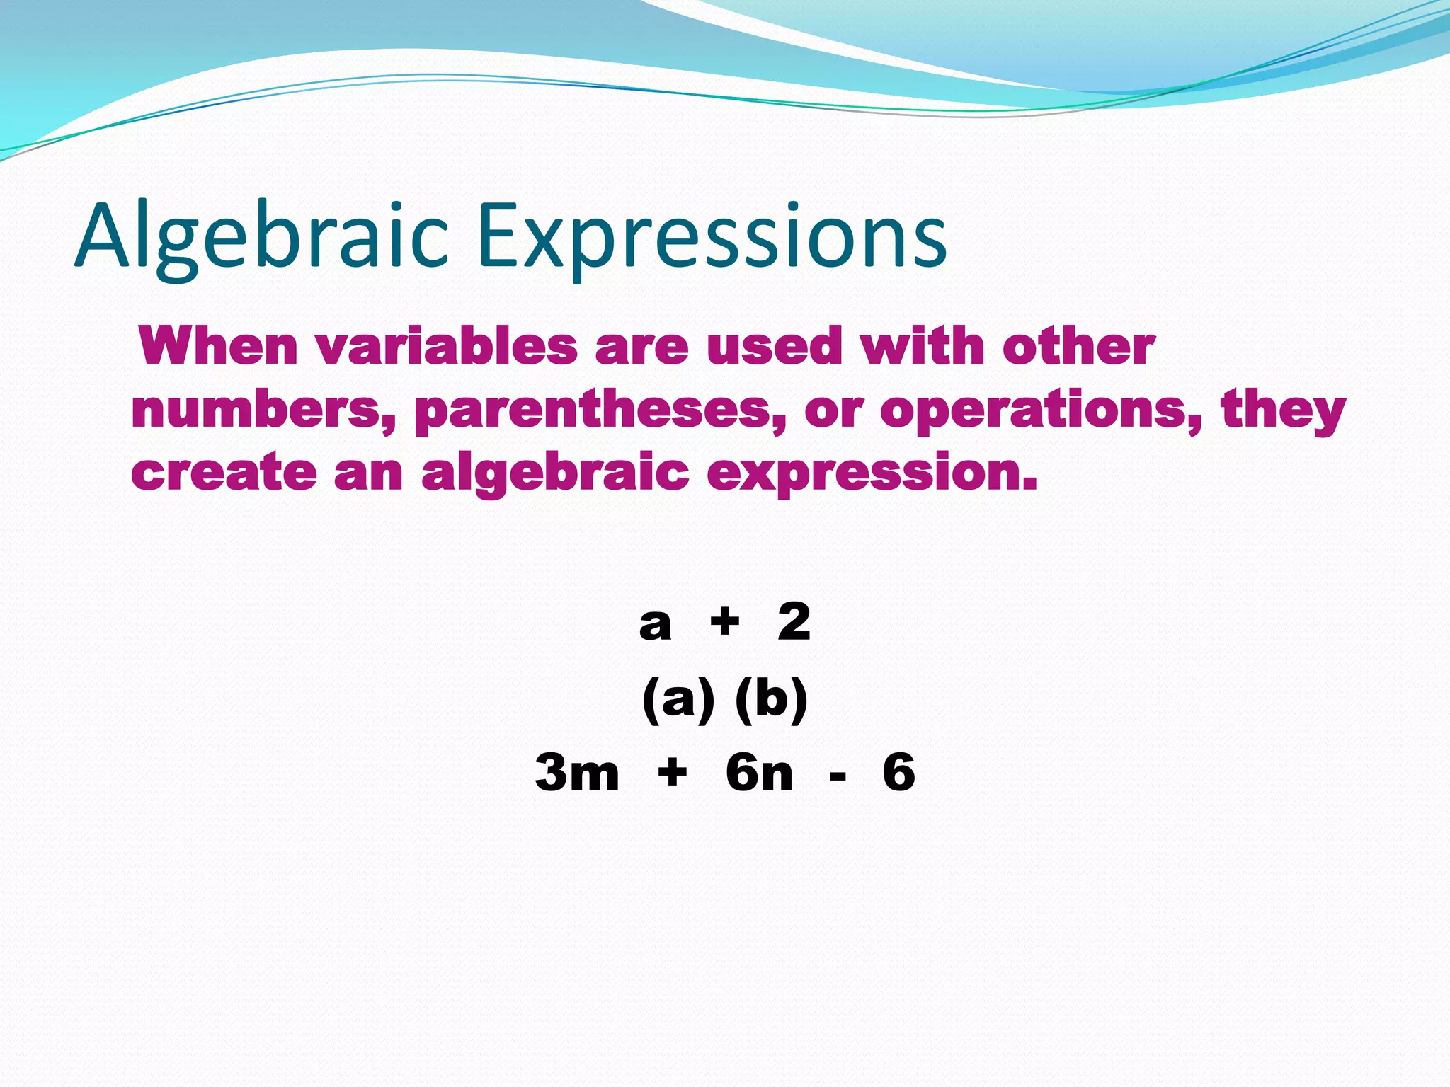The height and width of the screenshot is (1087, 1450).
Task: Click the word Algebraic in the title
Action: coord(262,237)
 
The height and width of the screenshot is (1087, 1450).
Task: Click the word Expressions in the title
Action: coord(712,237)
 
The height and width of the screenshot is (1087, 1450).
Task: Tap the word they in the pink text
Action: coord(1282,410)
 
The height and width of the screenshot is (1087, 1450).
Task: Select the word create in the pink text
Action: coord(224,473)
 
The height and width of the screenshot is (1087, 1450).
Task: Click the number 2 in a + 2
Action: coord(794,622)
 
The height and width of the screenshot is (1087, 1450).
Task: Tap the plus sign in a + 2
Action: coord(725,623)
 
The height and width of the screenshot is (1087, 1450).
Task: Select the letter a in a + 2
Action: coord(655,625)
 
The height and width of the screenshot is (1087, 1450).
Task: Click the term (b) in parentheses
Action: coord(771,700)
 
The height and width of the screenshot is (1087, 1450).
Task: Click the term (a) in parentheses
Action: coord(678,700)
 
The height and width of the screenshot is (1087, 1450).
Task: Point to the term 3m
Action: coord(577,772)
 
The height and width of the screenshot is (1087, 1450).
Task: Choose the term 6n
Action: coord(759,772)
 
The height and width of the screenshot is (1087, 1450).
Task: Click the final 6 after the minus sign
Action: coord(898,772)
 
